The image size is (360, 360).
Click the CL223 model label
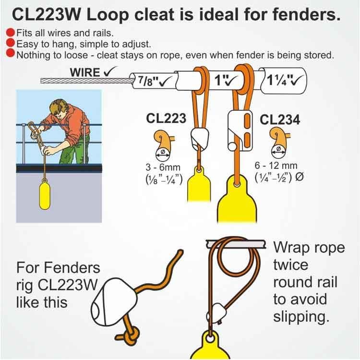166,119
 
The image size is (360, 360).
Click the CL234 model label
280,120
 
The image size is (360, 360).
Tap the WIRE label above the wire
85,72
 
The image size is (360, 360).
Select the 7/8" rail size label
149,81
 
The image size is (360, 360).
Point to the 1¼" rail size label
278,80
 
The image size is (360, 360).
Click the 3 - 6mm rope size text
163,167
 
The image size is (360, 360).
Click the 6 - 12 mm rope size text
276,166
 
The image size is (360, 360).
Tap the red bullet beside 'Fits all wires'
11,32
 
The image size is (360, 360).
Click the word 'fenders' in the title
306,14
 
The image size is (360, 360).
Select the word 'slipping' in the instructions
301,317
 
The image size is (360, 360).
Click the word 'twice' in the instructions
291,264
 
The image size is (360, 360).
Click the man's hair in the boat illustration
58,106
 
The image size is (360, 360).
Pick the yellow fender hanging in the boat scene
45,195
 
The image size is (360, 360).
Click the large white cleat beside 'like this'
114,302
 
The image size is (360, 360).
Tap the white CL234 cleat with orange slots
240,130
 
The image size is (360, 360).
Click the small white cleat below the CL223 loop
200,138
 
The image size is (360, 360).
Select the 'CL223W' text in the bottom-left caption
67,285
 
